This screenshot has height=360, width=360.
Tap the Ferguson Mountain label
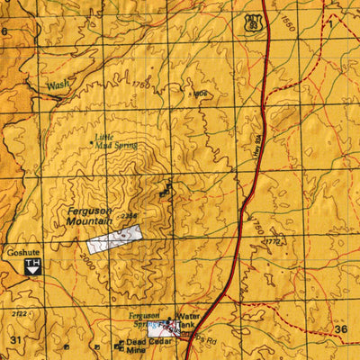89,216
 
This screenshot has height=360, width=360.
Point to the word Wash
58,85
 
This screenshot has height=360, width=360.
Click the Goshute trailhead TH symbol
33,266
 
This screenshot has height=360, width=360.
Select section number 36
340,329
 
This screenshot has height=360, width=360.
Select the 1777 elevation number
274,241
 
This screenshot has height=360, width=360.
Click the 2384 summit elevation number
130,216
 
